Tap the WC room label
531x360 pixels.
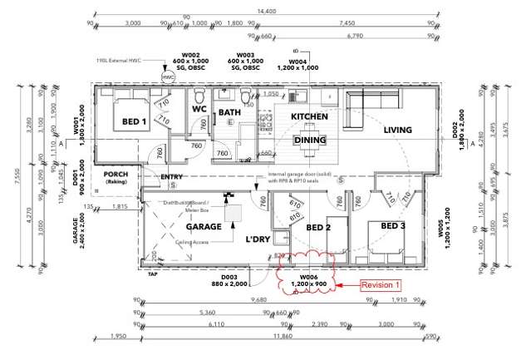(x=199, y=109)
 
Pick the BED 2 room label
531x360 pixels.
(x=319, y=226)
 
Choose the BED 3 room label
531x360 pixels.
(x=393, y=226)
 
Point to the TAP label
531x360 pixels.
(x=152, y=274)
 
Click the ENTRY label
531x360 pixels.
(x=171, y=177)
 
